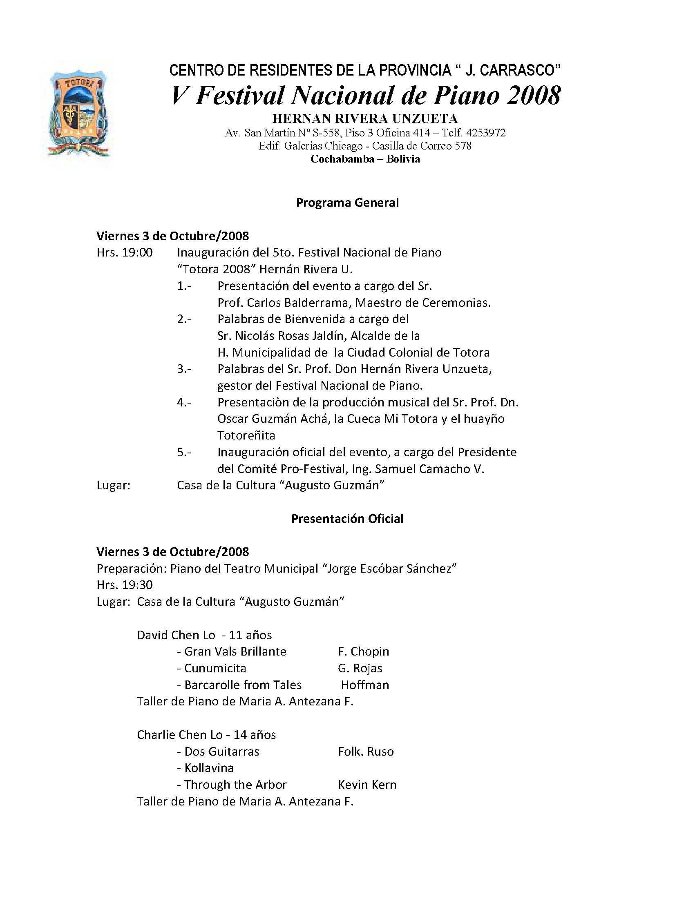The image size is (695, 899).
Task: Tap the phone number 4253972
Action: (x=486, y=133)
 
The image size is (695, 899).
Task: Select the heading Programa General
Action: (x=347, y=203)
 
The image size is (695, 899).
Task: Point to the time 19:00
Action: (x=137, y=252)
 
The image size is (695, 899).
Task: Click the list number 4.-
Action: (x=184, y=402)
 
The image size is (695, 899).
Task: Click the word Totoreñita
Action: (x=246, y=435)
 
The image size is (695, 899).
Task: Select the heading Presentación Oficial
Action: (x=347, y=519)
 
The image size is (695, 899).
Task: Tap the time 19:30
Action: (x=137, y=585)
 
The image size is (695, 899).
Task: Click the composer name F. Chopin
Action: (x=363, y=651)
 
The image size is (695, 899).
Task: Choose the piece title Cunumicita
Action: (x=215, y=668)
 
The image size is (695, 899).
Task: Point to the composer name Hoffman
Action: (x=365, y=685)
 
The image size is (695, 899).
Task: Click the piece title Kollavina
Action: (x=209, y=768)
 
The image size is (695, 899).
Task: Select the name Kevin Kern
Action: (x=367, y=785)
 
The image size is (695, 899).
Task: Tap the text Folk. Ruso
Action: (x=366, y=752)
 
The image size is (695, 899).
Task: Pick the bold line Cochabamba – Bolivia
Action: (x=365, y=159)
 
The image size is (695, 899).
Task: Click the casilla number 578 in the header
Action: (x=463, y=146)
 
